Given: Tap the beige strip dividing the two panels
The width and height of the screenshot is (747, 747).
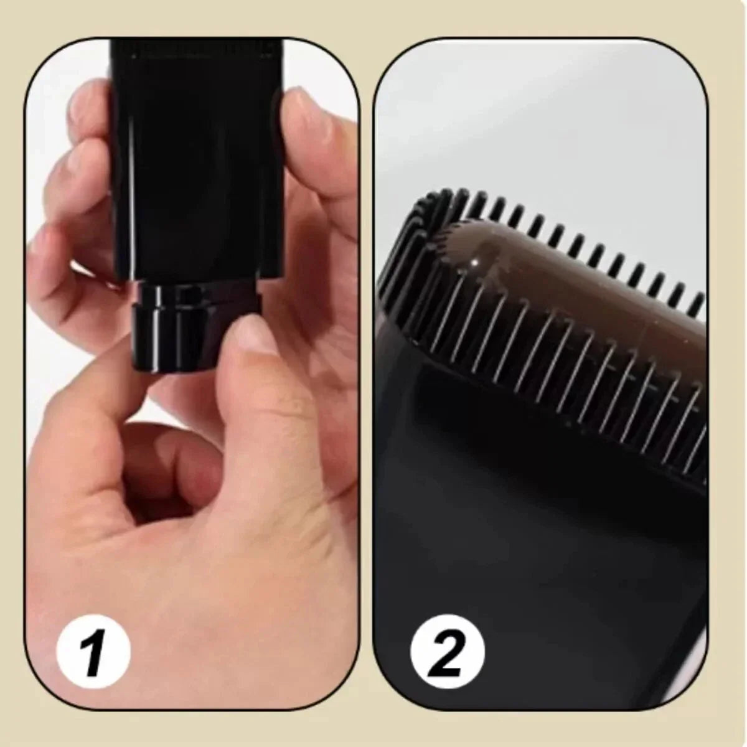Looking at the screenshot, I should (367, 374).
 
